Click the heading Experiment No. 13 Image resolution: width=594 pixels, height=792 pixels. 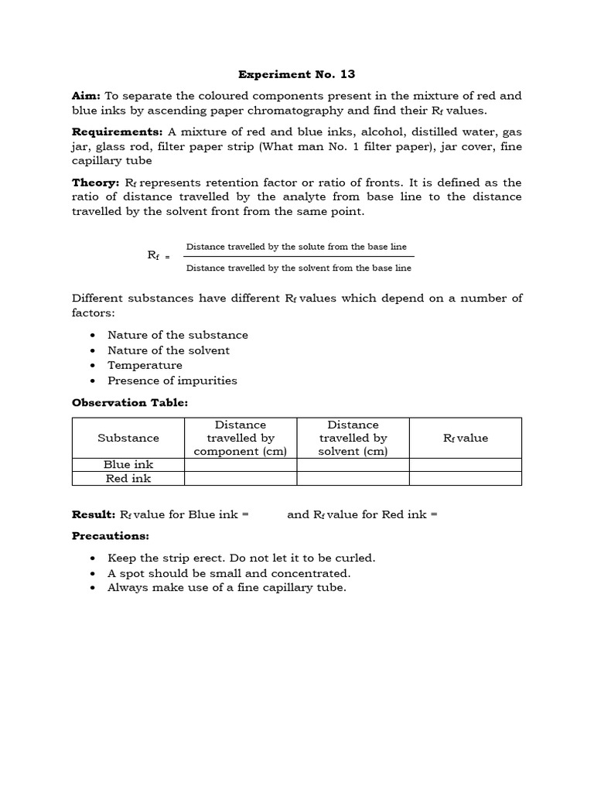pos(296,74)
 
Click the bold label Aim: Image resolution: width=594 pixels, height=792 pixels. pos(86,96)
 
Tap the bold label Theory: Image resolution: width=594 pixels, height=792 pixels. pos(94,183)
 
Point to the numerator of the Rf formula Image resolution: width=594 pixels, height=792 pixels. pos(296,247)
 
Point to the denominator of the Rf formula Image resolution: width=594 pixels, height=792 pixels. pos(299,268)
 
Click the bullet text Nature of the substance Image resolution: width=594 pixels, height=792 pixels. pos(178,335)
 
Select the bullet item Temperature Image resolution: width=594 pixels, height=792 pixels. pos(145,365)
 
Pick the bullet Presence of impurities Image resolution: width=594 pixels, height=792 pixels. pos(172,381)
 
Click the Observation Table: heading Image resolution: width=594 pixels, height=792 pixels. pos(130,402)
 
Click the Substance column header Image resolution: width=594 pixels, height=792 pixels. pos(128,438)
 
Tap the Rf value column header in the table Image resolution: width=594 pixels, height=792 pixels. pos(466,438)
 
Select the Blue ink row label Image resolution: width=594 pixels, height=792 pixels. pos(128,465)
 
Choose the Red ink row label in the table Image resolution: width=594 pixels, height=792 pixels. pos(128,479)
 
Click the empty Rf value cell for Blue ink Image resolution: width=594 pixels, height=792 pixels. pos(466,465)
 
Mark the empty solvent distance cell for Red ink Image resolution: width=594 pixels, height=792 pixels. pos(353,479)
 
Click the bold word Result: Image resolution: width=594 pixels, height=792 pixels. pos(94,514)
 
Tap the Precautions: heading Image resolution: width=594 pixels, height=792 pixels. pos(111,536)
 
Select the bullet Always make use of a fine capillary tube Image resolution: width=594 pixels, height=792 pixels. pos(227,588)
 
